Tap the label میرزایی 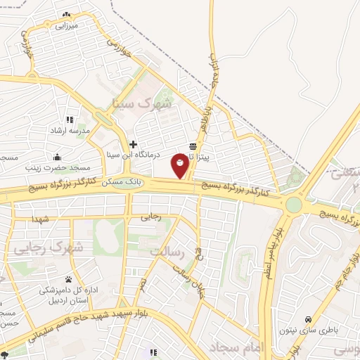65,25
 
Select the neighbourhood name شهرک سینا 142,103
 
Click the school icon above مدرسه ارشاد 69,120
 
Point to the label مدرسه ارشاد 69,131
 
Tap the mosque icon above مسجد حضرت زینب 57,157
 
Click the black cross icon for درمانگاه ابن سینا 132,143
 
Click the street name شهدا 39,219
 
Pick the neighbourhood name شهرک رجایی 49,248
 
